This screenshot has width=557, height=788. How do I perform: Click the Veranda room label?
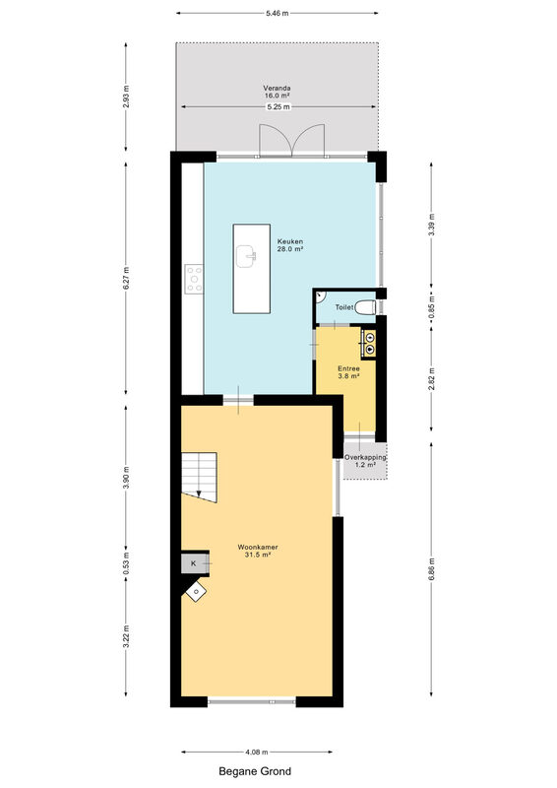pyautogui.click(x=278, y=92)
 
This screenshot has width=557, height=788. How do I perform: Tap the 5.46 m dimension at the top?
pyautogui.click(x=278, y=14)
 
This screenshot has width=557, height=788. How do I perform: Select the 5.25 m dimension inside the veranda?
pyautogui.click(x=278, y=106)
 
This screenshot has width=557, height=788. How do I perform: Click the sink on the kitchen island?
pyautogui.click(x=246, y=256)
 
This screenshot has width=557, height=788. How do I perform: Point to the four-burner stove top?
pyautogui.click(x=194, y=280)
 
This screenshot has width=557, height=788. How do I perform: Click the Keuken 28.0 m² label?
pyautogui.click(x=289, y=244)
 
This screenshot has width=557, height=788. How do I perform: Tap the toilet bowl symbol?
pyautogui.click(x=365, y=307)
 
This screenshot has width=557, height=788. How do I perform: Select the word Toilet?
pyautogui.click(x=344, y=307)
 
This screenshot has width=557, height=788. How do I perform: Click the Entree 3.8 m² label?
pyautogui.click(x=348, y=372)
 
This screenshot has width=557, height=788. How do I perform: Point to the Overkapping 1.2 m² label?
pyautogui.click(x=365, y=461)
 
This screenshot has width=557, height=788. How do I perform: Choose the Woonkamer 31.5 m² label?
pyautogui.click(x=258, y=551)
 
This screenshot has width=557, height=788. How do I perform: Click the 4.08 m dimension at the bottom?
pyautogui.click(x=257, y=753)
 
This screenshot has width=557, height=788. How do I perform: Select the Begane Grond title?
pyautogui.click(x=255, y=771)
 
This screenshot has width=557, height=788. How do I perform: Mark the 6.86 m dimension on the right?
pyautogui.click(x=431, y=569)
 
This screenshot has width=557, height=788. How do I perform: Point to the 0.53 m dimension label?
pyautogui.click(x=126, y=563)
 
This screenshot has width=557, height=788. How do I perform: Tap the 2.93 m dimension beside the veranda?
pyautogui.click(x=126, y=97)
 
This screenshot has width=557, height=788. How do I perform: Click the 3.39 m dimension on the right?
pyautogui.click(x=431, y=226)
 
